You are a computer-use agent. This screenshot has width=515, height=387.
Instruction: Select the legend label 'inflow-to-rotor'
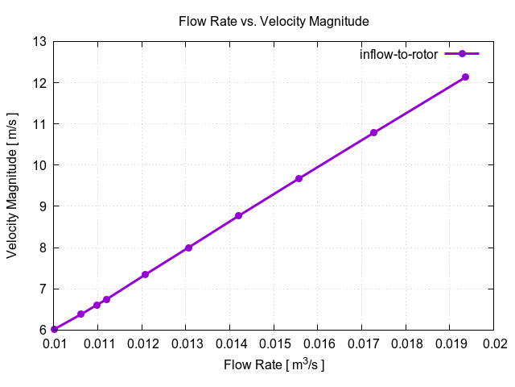pyautogui.click(x=398, y=54)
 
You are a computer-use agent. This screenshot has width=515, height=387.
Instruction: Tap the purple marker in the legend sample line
pyautogui.click(x=462, y=54)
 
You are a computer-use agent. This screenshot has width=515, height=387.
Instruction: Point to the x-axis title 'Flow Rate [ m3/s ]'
pyautogui.click(x=274, y=365)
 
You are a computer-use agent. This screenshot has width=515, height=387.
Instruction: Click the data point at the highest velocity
pyautogui.click(x=465, y=77)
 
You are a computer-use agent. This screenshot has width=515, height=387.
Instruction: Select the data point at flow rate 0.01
pyautogui.click(x=54, y=329)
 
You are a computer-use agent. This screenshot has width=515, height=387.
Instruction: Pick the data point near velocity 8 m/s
pyautogui.click(x=188, y=248)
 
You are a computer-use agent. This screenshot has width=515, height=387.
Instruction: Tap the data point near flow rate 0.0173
pyautogui.click(x=373, y=133)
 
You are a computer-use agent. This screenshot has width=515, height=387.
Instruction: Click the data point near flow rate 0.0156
pyautogui.click(x=299, y=179)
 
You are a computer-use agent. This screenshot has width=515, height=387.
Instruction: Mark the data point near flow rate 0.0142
pyautogui.click(x=239, y=216)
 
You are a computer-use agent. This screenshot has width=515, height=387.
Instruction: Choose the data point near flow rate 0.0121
pyautogui.click(x=146, y=275)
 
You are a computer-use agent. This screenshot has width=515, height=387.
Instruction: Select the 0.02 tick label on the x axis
pyautogui.click(x=493, y=344)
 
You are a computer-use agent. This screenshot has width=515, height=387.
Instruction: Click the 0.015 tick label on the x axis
pyautogui.click(x=274, y=344)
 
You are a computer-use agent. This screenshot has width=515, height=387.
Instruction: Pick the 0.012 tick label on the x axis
pyautogui.click(x=142, y=344)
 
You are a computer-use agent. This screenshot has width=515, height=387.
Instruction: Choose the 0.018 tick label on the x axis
pyautogui.click(x=406, y=344)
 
